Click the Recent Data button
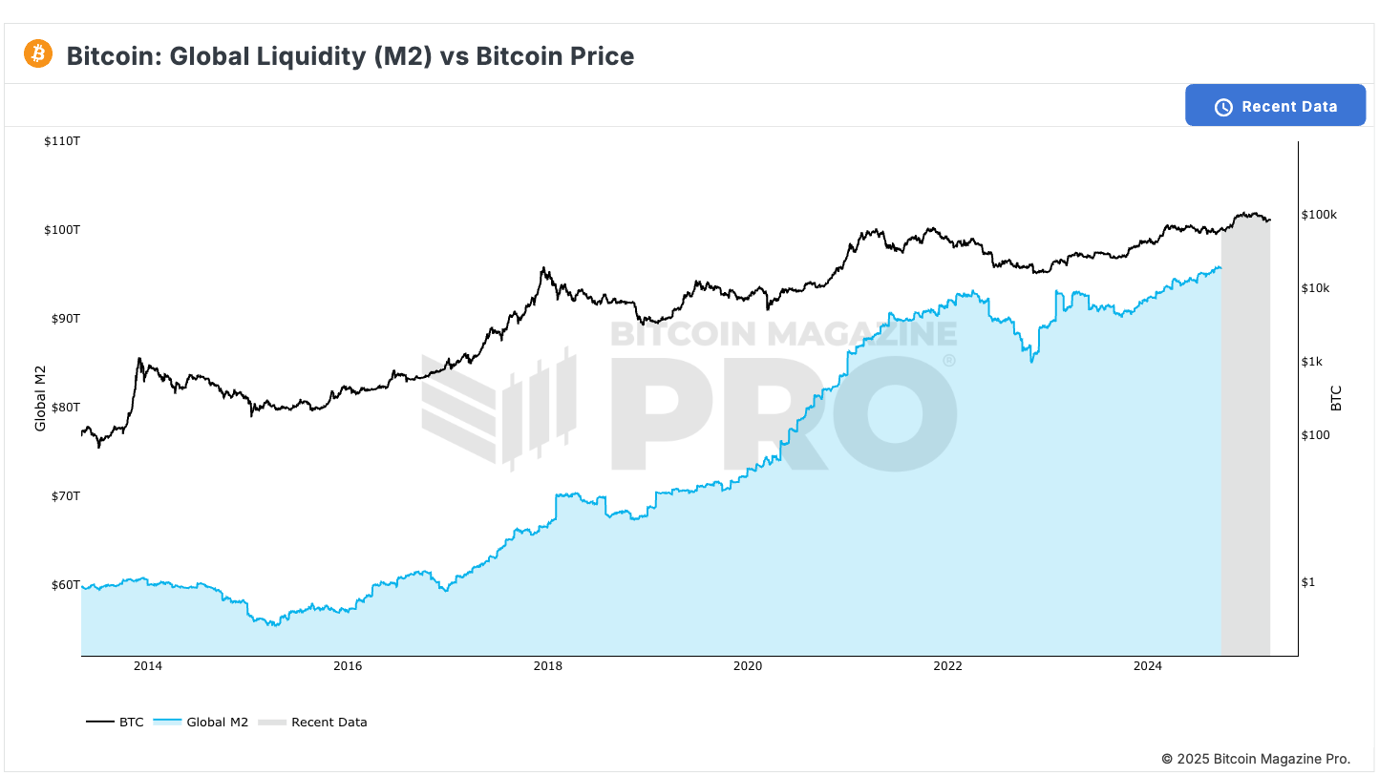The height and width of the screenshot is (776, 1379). click(x=1275, y=106)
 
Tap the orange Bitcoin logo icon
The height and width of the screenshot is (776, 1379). click(x=38, y=54)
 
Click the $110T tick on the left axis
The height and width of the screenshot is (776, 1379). click(x=62, y=141)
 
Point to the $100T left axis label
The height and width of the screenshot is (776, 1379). click(x=62, y=230)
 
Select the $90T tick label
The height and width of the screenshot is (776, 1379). click(x=66, y=319)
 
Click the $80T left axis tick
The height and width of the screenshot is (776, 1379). click(x=66, y=408)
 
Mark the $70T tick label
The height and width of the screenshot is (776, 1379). click(x=66, y=496)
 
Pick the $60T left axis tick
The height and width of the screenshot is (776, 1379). click(x=66, y=585)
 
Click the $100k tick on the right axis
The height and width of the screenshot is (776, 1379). click(x=1319, y=215)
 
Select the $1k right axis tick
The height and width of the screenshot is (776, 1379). click(x=1312, y=362)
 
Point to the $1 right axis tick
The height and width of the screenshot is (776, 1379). click(x=1308, y=582)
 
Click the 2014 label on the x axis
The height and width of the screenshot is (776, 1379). click(x=147, y=667)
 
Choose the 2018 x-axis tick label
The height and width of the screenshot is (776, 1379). click(x=547, y=667)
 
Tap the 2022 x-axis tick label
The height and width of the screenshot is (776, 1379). click(x=947, y=667)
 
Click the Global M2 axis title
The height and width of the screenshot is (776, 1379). click(x=41, y=399)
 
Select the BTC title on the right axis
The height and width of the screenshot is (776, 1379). click(x=1336, y=398)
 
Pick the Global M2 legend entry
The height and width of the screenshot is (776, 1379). click(x=202, y=723)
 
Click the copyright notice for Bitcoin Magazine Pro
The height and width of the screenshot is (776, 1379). click(x=1256, y=759)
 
